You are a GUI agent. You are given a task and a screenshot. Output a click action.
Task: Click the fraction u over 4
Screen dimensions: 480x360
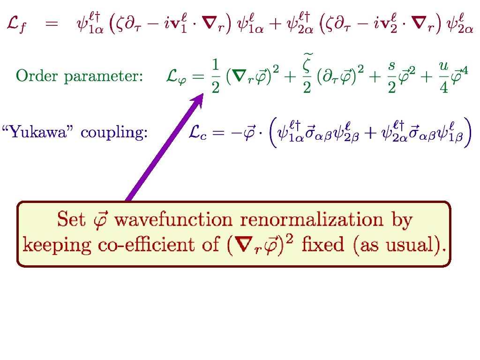click(x=443, y=76)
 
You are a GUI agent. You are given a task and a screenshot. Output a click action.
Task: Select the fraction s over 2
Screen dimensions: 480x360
click(x=392, y=76)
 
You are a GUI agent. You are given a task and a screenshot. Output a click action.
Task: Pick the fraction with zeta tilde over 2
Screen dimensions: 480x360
click(x=307, y=75)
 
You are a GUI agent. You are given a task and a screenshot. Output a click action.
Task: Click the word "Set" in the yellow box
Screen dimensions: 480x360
click(x=71, y=219)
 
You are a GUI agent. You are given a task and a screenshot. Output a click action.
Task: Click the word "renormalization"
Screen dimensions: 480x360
click(x=310, y=219)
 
